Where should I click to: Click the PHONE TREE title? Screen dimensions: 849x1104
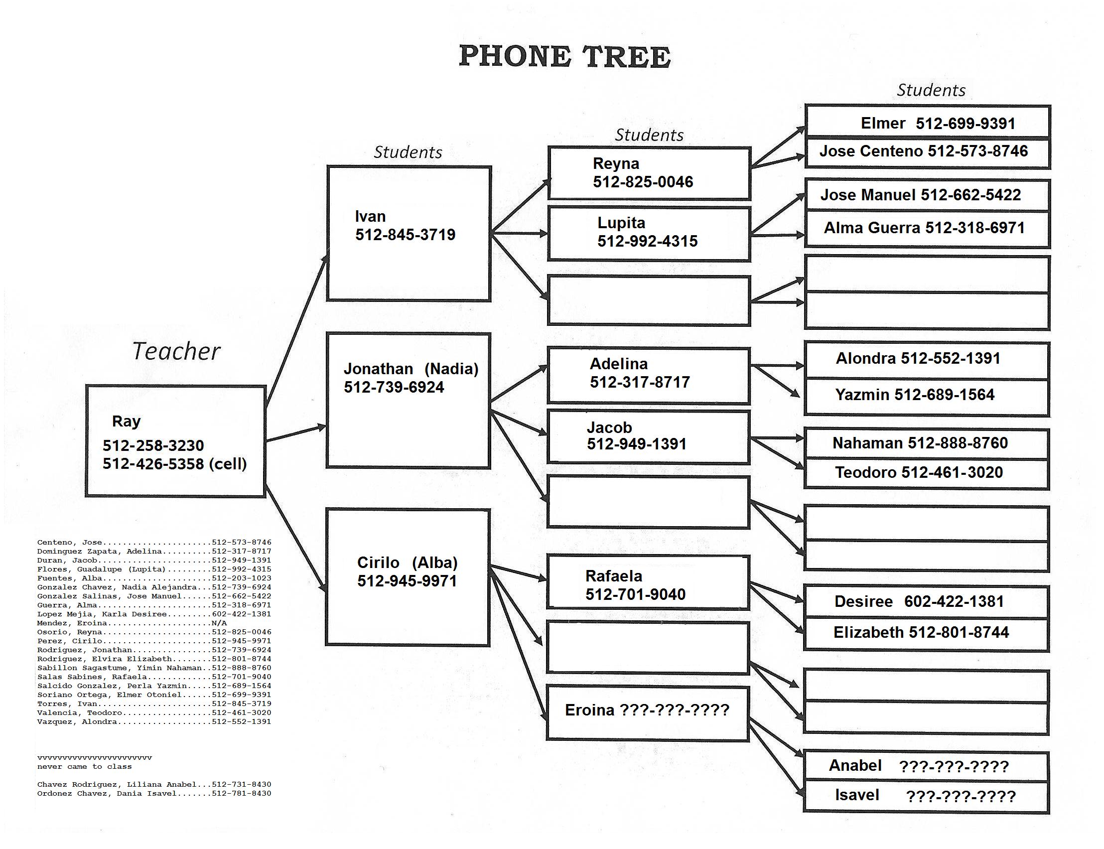click(564, 57)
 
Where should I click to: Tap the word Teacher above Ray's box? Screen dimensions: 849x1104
click(176, 351)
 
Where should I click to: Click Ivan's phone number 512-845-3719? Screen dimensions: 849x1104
click(405, 235)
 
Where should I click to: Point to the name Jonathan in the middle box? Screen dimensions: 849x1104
click(379, 369)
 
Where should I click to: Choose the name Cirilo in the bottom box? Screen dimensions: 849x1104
click(378, 563)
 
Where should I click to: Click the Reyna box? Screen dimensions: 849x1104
click(649, 173)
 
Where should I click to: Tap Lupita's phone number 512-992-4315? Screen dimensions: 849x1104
click(647, 242)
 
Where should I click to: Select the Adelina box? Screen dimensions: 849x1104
click(648, 375)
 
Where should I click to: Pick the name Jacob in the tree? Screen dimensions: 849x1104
click(609, 428)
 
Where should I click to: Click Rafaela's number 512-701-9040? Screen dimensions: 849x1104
click(635, 595)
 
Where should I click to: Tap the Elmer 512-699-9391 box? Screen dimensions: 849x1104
click(927, 123)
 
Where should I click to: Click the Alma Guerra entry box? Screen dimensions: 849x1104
click(927, 228)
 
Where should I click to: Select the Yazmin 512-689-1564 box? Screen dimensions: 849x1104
click(926, 396)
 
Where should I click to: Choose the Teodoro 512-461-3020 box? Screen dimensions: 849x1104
click(926, 473)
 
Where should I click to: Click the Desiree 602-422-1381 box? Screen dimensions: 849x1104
click(926, 602)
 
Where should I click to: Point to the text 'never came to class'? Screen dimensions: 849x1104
click(84, 767)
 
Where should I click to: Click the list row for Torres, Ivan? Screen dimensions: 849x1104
click(154, 704)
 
